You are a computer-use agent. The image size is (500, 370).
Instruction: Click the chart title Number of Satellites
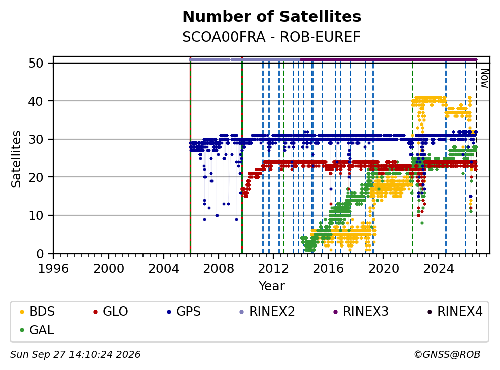(x=272, y=17)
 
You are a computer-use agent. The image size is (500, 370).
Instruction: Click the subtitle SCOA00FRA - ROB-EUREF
(x=271, y=37)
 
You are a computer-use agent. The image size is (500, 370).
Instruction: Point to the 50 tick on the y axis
(x=36, y=63)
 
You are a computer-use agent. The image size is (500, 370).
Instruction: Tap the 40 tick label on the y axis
(x=36, y=101)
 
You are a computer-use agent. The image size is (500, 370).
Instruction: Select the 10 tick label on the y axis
(x=36, y=215)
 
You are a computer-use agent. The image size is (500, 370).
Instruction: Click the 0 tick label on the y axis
(x=40, y=254)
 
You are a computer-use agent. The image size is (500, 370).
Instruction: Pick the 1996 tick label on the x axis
(x=53, y=269)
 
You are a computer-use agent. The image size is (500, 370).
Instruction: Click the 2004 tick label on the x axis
(x=164, y=269)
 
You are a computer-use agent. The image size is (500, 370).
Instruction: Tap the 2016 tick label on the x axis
(x=328, y=269)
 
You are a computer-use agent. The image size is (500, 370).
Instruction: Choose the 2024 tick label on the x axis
(x=439, y=269)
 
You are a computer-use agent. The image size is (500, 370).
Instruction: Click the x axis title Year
(x=272, y=286)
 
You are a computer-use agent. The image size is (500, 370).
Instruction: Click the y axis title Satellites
(x=16, y=159)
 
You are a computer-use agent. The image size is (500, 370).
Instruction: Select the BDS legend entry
(x=37, y=311)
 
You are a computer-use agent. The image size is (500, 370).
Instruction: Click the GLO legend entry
(x=110, y=311)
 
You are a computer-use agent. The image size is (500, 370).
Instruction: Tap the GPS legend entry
(x=184, y=311)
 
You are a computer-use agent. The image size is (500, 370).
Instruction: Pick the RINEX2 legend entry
(x=267, y=311)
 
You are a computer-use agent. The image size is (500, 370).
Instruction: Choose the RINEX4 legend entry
(x=455, y=311)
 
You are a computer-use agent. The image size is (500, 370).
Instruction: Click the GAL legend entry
(x=37, y=330)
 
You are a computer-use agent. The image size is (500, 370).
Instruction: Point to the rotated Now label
(x=485, y=78)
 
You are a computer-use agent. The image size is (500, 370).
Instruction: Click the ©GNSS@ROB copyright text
(x=447, y=354)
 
